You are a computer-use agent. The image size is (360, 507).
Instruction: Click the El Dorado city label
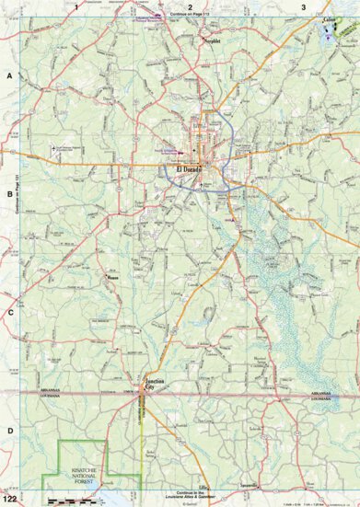tap(184, 169)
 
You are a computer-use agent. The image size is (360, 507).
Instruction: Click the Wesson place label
tap(114, 277)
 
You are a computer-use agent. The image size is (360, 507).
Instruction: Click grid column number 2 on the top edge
tap(190, 6)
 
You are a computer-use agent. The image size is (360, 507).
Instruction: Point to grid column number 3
tap(303, 6)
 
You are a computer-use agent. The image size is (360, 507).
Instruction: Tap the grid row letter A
tap(9, 79)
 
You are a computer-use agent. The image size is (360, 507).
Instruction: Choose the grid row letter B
tap(9, 195)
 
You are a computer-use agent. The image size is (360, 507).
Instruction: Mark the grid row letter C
tap(9, 313)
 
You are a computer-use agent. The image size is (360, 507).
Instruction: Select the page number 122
tap(9, 500)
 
